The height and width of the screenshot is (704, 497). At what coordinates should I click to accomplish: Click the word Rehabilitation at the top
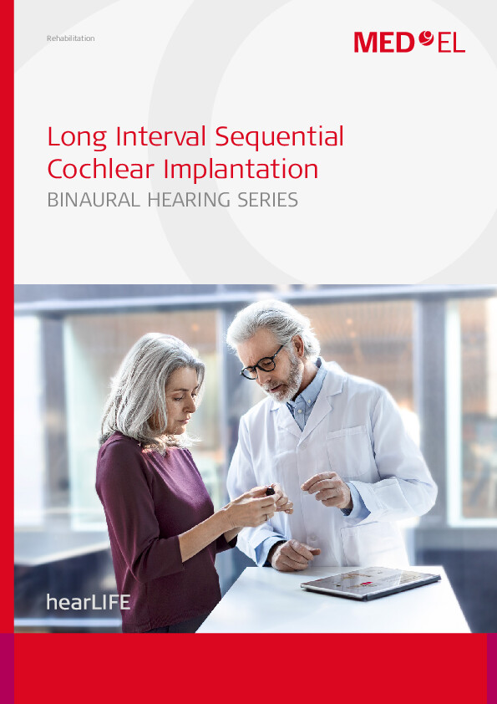point(70,38)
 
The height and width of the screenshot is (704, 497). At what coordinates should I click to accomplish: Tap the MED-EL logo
point(409,42)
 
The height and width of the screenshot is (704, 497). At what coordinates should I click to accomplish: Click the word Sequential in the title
point(280,137)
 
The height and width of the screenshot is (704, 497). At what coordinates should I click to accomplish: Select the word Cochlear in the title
point(101,169)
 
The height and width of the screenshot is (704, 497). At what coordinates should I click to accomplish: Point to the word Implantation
point(241,171)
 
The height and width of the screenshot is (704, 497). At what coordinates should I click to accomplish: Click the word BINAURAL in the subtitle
point(94,200)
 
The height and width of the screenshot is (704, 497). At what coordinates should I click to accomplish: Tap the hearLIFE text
point(89,602)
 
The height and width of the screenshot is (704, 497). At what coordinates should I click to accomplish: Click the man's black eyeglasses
point(264,363)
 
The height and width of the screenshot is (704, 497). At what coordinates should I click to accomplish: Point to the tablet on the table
point(371,582)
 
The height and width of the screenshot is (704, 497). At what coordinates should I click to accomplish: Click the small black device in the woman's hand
point(270,491)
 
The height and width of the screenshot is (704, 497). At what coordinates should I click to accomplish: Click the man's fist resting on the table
point(294,554)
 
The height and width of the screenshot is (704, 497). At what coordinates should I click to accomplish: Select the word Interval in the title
point(160,136)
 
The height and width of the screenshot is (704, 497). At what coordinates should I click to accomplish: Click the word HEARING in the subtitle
point(189,200)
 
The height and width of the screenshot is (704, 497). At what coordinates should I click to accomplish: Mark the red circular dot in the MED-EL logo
point(426,38)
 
